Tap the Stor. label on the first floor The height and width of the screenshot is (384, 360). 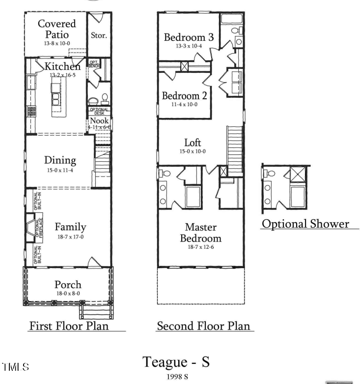[x=99, y=35]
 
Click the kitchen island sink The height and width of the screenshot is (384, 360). [x=56, y=99]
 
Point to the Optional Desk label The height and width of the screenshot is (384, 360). [x=99, y=111]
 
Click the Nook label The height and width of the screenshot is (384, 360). [x=99, y=120]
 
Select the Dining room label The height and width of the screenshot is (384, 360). [x=60, y=160]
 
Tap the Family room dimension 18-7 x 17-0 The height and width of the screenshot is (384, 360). [x=70, y=237]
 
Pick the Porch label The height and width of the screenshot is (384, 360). [x=68, y=285]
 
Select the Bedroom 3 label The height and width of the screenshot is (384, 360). [x=189, y=37]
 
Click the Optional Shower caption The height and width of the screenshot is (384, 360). [x=305, y=224]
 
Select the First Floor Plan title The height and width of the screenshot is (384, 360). [x=69, y=326]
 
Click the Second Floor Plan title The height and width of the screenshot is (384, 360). [x=203, y=326]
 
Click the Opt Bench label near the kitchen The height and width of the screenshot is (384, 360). [x=94, y=63]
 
